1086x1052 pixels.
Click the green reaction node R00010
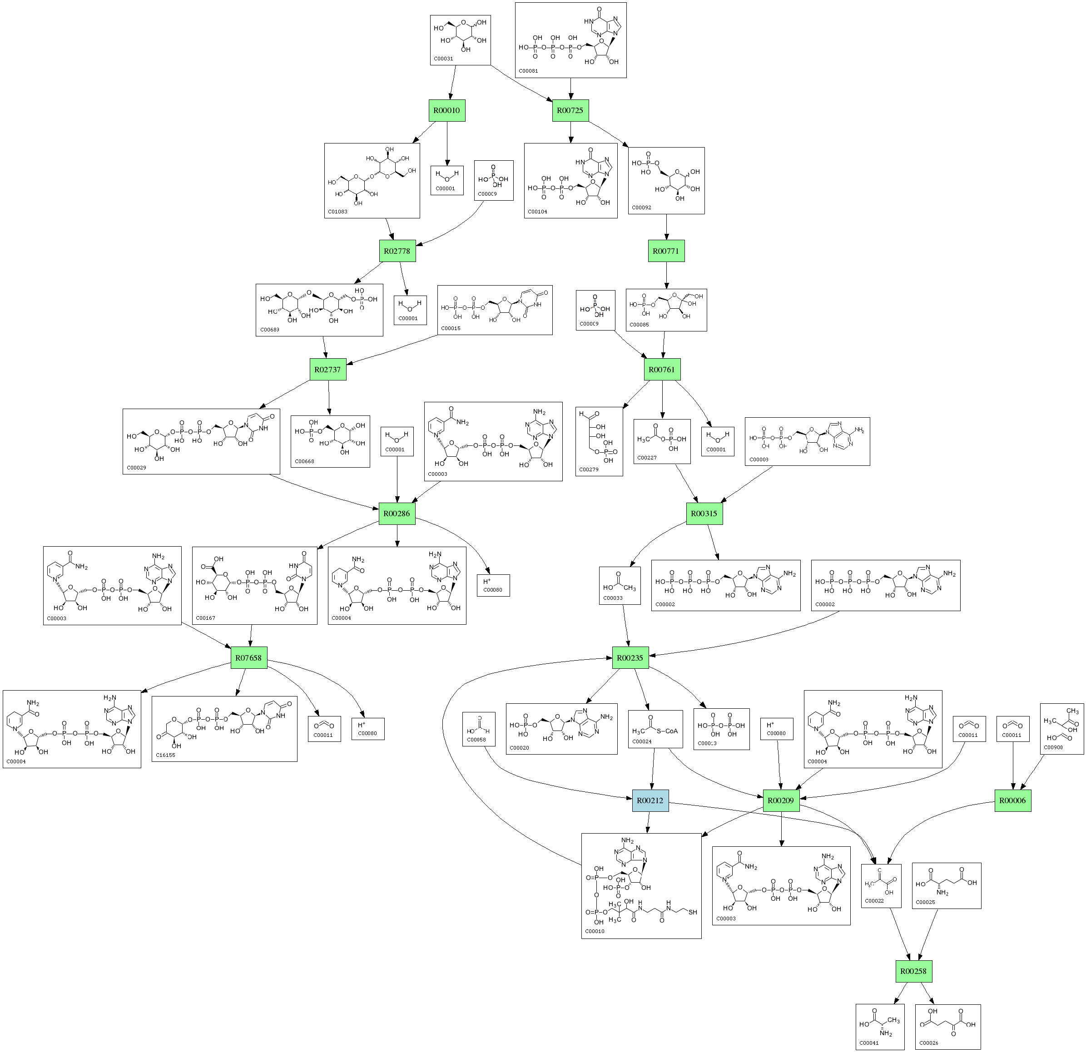pyautogui.click(x=446, y=110)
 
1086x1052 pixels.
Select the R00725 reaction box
pyautogui.click(x=570, y=110)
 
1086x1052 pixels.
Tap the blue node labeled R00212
pyautogui.click(x=650, y=800)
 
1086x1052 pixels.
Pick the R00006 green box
pyautogui.click(x=1012, y=800)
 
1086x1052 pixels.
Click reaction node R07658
pyautogui.click(x=248, y=657)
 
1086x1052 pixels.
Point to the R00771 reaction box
pyautogui.click(x=666, y=251)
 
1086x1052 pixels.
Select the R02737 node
pyautogui.click(x=327, y=370)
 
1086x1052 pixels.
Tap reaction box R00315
pyautogui.click(x=704, y=514)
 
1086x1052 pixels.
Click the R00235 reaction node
pyautogui.click(x=630, y=657)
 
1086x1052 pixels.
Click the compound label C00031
pyautogui.click(x=443, y=59)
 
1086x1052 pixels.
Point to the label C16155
pyautogui.click(x=166, y=755)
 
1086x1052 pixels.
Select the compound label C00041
pyautogui.click(x=869, y=1043)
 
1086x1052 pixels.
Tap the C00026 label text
pyautogui.click(x=929, y=1043)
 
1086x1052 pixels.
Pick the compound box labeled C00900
pyautogui.click(x=1061, y=729)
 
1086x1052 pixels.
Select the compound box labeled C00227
pyautogui.click(x=662, y=441)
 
